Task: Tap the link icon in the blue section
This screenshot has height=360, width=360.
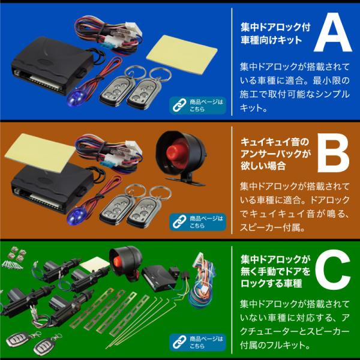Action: click(x=178, y=105)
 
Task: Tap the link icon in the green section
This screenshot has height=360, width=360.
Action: click(x=178, y=344)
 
